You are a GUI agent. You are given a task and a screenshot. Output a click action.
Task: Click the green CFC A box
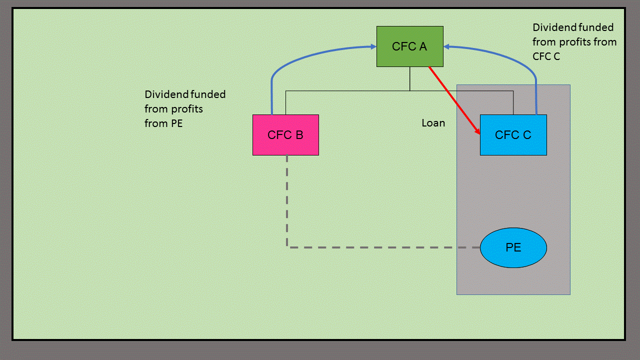(409, 46)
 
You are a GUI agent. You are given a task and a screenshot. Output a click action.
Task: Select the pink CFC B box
(285, 135)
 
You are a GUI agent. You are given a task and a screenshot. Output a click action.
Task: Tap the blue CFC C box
(513, 135)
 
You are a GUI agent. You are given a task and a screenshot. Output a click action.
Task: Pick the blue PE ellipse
(513, 247)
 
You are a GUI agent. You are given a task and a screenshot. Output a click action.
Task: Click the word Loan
(433, 123)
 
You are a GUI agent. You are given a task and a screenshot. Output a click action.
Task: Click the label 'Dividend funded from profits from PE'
(185, 108)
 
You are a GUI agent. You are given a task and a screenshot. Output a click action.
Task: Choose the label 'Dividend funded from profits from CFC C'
(574, 42)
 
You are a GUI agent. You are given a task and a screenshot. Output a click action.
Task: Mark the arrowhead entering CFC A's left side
(373, 47)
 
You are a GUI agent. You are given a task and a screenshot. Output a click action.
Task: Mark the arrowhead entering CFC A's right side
(447, 47)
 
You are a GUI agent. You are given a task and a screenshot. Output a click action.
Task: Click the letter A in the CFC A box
(423, 46)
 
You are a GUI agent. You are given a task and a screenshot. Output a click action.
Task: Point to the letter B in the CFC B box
(299, 135)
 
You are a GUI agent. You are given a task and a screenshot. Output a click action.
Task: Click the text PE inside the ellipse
(513, 247)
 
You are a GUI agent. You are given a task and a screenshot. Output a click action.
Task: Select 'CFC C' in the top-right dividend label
(546, 56)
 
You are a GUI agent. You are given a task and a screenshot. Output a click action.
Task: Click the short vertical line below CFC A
(409, 78)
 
